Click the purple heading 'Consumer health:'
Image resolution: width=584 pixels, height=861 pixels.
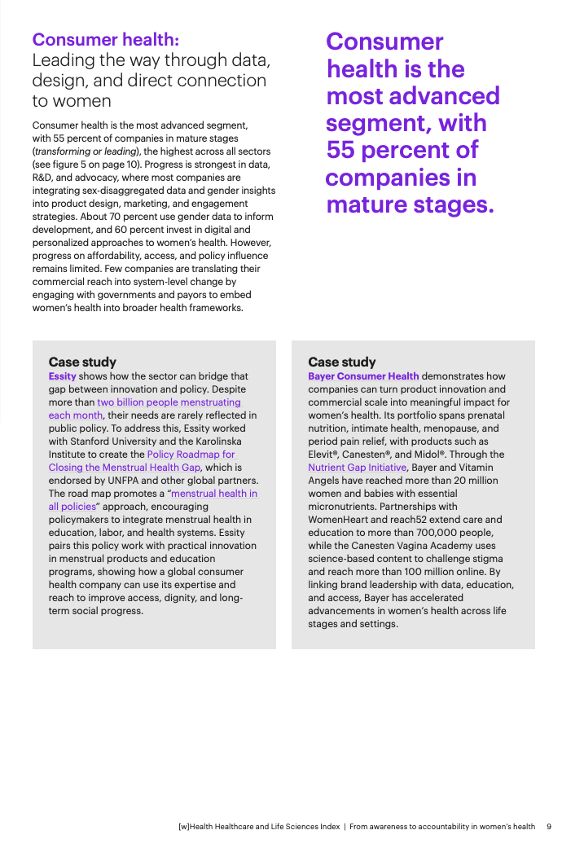tap(106, 40)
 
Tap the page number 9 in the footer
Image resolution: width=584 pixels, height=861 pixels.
tap(549, 826)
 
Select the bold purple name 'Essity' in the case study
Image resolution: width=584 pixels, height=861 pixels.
tap(62, 376)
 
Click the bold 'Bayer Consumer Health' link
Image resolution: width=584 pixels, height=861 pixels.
tap(363, 376)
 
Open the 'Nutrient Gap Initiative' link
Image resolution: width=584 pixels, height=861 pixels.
tap(357, 468)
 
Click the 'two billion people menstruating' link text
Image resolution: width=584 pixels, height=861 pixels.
tap(169, 402)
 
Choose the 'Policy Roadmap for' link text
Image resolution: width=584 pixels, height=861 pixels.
tap(191, 455)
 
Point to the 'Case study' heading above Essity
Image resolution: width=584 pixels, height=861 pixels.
tap(82, 362)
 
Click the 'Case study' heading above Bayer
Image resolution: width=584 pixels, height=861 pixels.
tap(342, 362)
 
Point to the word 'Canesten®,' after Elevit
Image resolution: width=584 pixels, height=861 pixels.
tap(369, 455)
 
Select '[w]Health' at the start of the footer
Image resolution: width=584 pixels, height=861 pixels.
tap(197, 826)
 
